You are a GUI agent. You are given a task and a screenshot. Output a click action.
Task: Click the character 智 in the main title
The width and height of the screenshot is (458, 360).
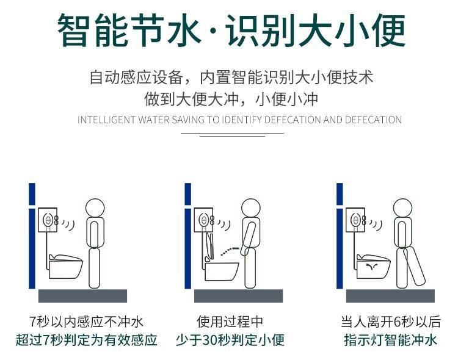coord(74,30)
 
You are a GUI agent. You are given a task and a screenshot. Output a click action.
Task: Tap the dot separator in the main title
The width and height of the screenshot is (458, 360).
coord(214,31)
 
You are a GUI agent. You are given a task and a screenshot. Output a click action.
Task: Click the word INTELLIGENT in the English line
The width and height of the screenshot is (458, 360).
coord(106,120)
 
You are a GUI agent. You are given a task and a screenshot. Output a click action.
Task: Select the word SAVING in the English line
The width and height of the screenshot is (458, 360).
coord(188,120)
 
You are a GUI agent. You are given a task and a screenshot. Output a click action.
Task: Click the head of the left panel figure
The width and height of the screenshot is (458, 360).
coord(95,208)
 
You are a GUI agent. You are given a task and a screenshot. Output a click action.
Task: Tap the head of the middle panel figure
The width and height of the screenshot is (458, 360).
coord(251,208)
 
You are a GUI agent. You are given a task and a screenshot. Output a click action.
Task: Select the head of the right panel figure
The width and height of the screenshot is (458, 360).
coord(402,208)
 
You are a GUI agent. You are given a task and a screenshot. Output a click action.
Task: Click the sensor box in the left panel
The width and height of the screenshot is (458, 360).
coord(48,220)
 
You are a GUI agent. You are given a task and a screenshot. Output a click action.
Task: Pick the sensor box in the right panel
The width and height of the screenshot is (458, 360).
coord(356,220)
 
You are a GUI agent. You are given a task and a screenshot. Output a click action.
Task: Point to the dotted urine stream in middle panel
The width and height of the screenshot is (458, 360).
coord(230,251)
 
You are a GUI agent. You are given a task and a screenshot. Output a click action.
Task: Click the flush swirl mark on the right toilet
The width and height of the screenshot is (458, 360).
coord(372,266)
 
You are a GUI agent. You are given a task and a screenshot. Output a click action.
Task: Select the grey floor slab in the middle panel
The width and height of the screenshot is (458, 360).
coord(238,296)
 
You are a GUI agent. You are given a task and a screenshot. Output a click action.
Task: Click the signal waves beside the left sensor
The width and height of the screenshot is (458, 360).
coord(68,225)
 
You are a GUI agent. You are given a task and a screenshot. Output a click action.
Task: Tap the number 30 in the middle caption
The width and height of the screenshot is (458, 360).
coord(209,340)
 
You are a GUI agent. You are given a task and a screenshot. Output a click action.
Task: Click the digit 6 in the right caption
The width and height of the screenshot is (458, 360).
coord(397,322)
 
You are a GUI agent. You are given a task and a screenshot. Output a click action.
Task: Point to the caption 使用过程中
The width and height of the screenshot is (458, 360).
coord(230,322)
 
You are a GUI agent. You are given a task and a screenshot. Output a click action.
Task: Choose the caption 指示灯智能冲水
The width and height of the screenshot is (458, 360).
coord(391,340)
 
